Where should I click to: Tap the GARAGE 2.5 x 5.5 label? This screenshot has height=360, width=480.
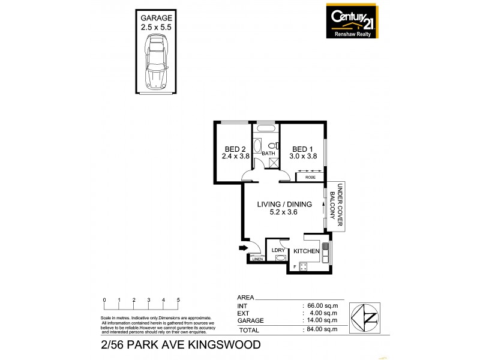click(157, 23)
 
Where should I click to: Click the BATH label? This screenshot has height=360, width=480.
click(268, 154)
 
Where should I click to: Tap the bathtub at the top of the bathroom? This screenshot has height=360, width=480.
click(266, 130)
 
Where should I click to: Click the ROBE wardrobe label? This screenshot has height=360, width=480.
click(310, 178)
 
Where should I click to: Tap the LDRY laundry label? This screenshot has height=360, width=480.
click(278, 250)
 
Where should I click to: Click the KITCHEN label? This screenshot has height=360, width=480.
click(305, 251)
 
